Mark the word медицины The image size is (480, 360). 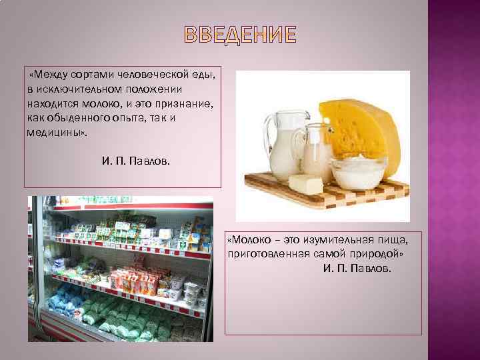click(x=54, y=132)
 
